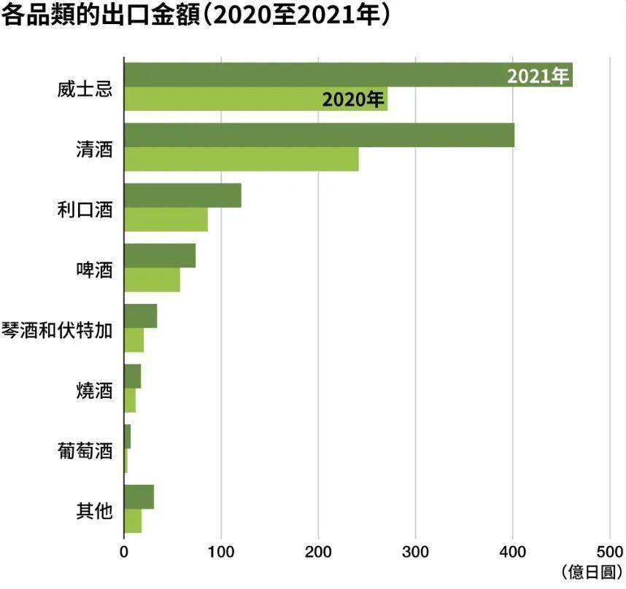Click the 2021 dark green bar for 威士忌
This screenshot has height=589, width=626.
pyautogui.click(x=314, y=76)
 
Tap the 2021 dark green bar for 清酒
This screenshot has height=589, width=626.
pyautogui.click(x=319, y=136)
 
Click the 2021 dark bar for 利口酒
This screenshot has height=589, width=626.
pyautogui.click(x=182, y=195)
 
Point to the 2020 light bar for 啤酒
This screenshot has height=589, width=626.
pyautogui.click(x=152, y=280)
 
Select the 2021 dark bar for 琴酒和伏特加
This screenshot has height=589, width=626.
pyautogui.click(x=140, y=316)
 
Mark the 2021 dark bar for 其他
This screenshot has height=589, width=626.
pyautogui.click(x=139, y=496)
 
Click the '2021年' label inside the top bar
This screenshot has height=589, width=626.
pyautogui.click(x=538, y=77)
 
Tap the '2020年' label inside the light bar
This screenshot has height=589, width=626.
pyautogui.click(x=353, y=100)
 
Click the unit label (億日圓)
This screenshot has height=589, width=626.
pyautogui.click(x=592, y=571)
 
